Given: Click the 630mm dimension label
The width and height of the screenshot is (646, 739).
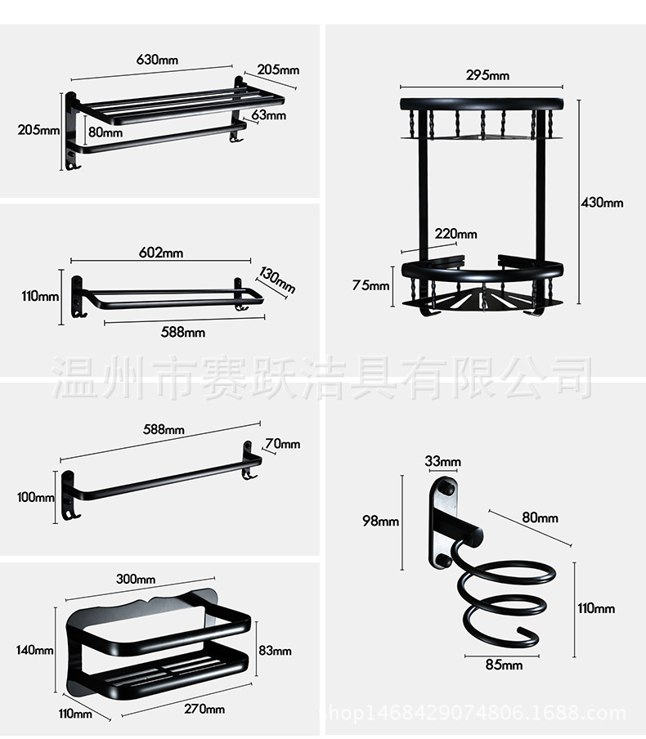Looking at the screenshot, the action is pyautogui.click(x=158, y=59).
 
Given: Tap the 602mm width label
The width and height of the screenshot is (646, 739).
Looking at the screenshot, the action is pyautogui.click(x=161, y=253).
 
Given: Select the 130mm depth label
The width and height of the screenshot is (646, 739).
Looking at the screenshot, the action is pyautogui.click(x=277, y=279).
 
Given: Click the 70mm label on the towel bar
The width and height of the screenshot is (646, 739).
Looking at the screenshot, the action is pyautogui.click(x=282, y=444).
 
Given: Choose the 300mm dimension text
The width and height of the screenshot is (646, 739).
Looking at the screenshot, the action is pyautogui.click(x=136, y=579).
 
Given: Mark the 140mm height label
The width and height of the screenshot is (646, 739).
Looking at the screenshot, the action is pyautogui.click(x=34, y=651).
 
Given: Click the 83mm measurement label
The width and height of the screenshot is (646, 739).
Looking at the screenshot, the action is pyautogui.click(x=274, y=651).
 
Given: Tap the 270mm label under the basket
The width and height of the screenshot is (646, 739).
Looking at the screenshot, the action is pyautogui.click(x=204, y=709).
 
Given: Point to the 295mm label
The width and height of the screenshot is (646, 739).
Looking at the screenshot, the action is pyautogui.click(x=487, y=75).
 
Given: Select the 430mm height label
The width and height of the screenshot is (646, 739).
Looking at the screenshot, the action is pyautogui.click(x=602, y=203).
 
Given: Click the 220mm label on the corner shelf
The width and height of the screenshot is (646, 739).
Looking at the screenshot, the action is pyautogui.click(x=455, y=234).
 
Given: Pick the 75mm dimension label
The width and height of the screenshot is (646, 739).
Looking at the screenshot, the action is pyautogui.click(x=370, y=285).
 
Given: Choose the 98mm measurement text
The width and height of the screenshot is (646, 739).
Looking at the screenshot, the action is pyautogui.click(x=381, y=521).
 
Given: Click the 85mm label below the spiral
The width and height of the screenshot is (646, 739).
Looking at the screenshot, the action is pyautogui.click(x=504, y=665).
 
